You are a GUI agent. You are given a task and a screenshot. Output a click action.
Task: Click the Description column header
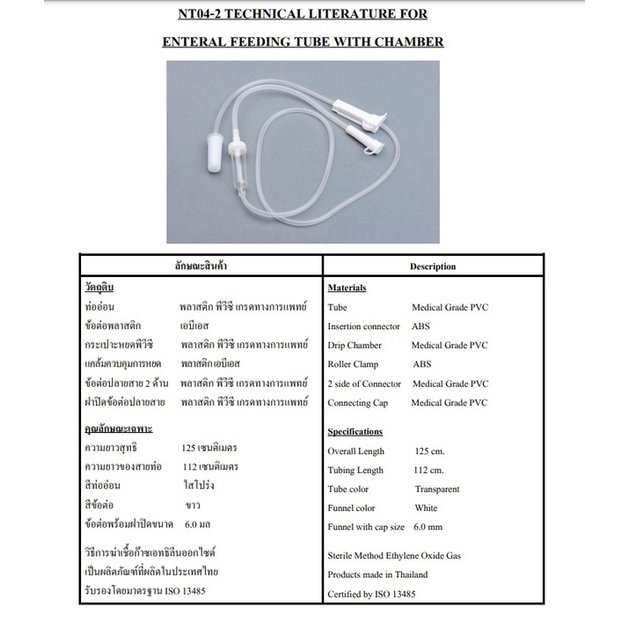(433, 266)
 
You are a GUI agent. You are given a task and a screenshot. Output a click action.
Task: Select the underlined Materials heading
(347, 288)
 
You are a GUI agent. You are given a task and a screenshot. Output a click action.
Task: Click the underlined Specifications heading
(355, 432)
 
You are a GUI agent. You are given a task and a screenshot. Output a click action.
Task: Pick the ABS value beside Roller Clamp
(422, 364)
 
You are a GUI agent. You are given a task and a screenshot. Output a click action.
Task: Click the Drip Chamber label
(355, 346)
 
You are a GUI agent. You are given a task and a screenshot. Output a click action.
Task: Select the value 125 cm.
(430, 451)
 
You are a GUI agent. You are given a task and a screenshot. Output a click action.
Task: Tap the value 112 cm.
(430, 471)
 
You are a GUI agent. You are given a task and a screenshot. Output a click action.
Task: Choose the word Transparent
(437, 489)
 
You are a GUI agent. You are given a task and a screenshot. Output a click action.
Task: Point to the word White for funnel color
(426, 508)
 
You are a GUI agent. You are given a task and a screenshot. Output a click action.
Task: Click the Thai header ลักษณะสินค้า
(201, 265)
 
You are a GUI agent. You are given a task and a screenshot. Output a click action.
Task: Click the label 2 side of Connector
(364, 384)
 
